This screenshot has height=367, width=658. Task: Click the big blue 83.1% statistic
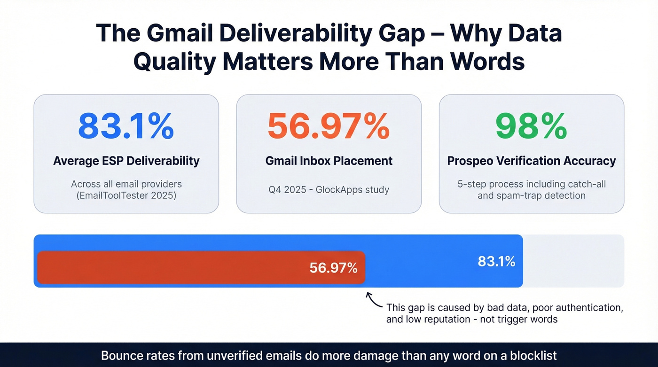(x=126, y=126)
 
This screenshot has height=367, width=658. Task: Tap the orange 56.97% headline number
(x=329, y=126)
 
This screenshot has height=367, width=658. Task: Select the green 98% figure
(x=531, y=126)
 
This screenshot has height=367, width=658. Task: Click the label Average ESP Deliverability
(x=126, y=161)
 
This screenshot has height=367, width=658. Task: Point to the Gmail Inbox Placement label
(x=329, y=161)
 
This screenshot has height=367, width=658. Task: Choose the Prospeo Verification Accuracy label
(x=531, y=161)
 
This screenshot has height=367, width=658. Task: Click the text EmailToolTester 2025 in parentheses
(x=126, y=195)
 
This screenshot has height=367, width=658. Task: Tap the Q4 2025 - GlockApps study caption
(x=329, y=190)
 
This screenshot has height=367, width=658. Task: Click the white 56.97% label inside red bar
(x=333, y=268)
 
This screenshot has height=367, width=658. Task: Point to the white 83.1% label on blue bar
(x=496, y=261)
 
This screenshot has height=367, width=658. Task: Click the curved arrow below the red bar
(x=373, y=299)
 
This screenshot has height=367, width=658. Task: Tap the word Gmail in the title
(x=175, y=34)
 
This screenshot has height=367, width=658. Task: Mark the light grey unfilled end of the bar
(x=573, y=261)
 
